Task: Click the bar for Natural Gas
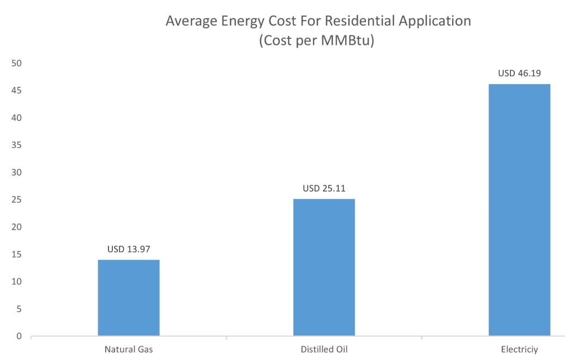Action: pos(129,298)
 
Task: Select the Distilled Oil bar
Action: pos(324,267)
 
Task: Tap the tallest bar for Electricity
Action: pos(519,210)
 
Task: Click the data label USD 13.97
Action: pos(129,249)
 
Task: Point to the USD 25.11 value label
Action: pos(324,189)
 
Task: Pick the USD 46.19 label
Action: pos(519,73)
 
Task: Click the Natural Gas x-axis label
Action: pos(129,350)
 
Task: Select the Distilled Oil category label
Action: pos(324,350)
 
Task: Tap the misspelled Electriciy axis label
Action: pos(519,350)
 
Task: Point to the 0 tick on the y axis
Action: pos(19,337)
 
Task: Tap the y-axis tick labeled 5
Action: pos(19,309)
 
